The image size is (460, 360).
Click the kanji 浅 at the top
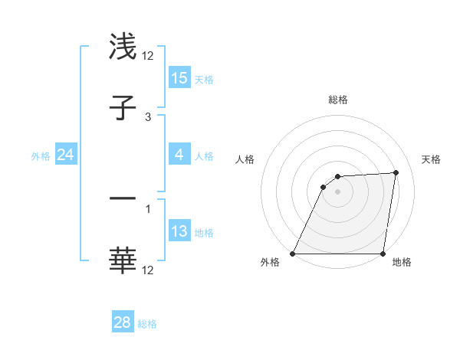pos(123,46)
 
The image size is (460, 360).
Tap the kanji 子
pos(123,108)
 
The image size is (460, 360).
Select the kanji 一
pos(123,198)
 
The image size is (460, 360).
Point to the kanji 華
pos(123,260)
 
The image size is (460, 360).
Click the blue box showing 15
pos(179,78)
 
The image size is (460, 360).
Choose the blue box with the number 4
pos(179,155)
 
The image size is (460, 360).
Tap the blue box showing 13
pos(179,231)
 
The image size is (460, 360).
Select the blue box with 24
pos(66,155)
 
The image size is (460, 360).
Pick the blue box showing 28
pos(123,322)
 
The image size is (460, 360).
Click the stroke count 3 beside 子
pos(148,117)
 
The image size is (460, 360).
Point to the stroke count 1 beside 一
pos(148,208)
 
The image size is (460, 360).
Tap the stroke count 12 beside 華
pos(148,270)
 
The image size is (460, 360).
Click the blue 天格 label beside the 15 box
pos(204,79)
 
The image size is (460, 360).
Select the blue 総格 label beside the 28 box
pos(147,323)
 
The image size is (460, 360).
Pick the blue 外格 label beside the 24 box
pos(41,155)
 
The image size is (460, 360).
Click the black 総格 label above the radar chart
pos(338,100)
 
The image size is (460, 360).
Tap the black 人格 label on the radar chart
pos(245,159)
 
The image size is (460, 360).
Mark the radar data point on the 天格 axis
pos(396,172)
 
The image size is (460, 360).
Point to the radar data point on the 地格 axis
pos(383,254)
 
